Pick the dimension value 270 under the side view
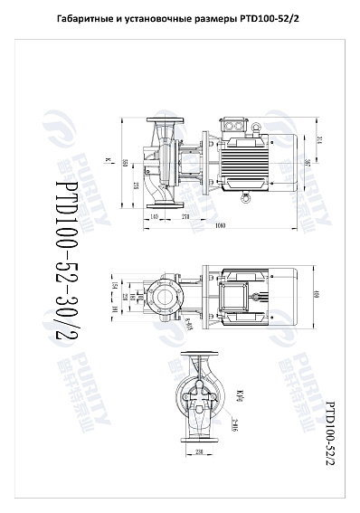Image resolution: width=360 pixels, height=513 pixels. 185,216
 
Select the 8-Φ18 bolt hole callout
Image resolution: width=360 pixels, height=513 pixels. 186,325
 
